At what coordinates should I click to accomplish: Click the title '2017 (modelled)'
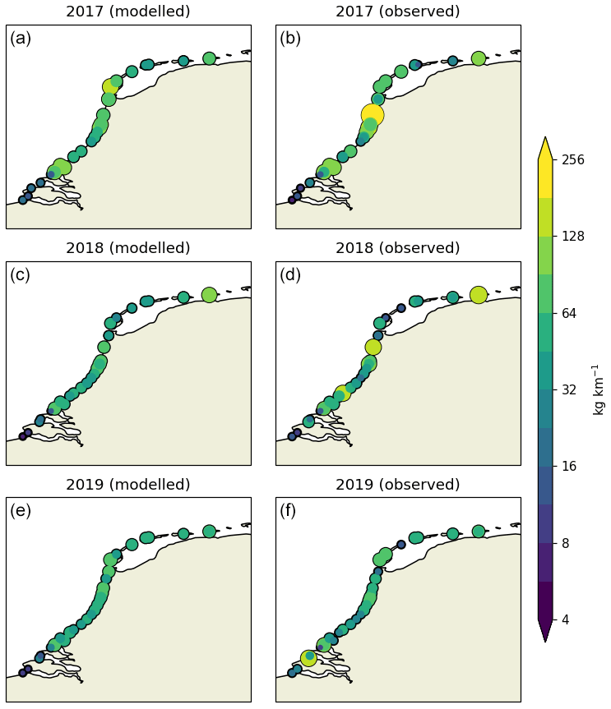[x=127, y=12]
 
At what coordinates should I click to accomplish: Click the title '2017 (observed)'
[x=397, y=12]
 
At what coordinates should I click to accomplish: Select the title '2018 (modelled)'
[x=127, y=248]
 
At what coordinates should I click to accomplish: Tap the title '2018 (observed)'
[x=397, y=248]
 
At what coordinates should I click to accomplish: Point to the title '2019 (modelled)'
[x=127, y=485]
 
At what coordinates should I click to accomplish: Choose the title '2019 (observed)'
[x=397, y=485]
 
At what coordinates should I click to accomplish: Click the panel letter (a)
[x=21, y=38]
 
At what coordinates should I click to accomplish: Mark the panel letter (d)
[x=290, y=274]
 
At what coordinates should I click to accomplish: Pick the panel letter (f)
[x=289, y=511]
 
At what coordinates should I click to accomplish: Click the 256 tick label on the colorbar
[x=572, y=159]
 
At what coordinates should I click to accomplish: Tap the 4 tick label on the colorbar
[x=566, y=619]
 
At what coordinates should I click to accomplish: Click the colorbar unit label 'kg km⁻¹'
[x=599, y=389]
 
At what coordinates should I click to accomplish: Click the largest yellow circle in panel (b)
[x=373, y=115]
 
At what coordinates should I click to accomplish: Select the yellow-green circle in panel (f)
[x=308, y=657]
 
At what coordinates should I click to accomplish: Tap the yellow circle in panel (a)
[x=111, y=86]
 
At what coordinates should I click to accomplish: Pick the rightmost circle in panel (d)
[x=478, y=295]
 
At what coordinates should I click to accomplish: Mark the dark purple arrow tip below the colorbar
[x=545, y=633]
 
